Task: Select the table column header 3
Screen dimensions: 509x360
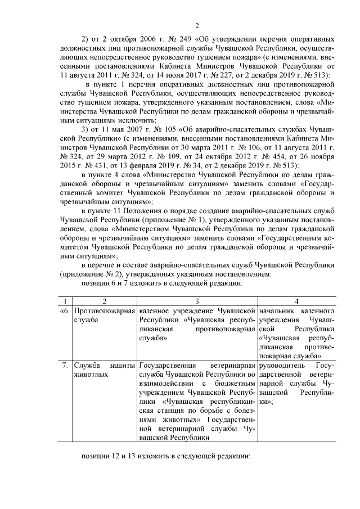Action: [197, 301]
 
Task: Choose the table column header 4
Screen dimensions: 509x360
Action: [296, 301]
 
